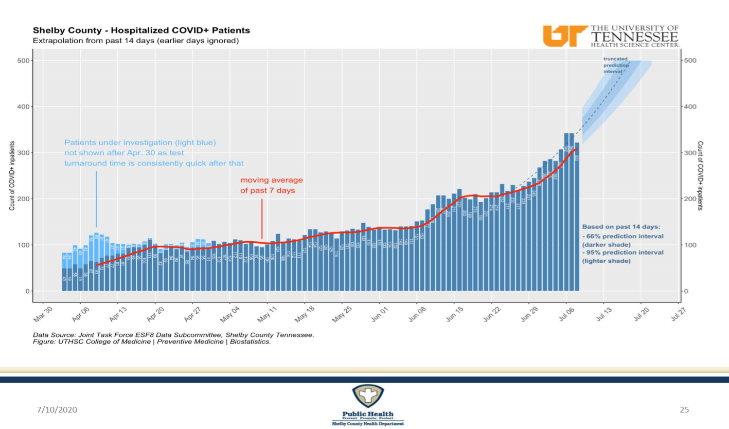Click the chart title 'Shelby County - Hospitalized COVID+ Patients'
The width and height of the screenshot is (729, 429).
(141, 30)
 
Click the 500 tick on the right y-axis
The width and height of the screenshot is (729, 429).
(691, 61)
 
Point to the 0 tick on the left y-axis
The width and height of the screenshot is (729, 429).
(25, 291)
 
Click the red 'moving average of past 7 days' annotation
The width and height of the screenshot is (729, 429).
(271, 185)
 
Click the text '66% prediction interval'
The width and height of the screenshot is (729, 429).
(626, 236)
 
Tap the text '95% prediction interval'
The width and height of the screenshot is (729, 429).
(626, 253)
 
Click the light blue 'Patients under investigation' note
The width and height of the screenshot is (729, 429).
(154, 153)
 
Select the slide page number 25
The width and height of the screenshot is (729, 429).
(684, 410)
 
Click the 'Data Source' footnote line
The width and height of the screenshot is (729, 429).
(173, 335)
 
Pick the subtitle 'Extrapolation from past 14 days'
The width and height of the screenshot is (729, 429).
(135, 40)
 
